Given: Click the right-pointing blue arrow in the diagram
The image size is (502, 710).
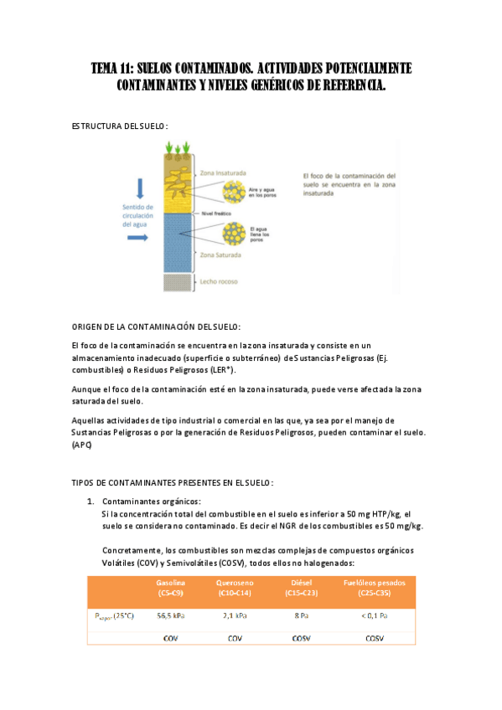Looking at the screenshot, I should pos(138,238).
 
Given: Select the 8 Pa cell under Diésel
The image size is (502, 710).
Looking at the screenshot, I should pos(301,615).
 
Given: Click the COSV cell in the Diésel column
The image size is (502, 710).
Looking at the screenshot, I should pos(301,638).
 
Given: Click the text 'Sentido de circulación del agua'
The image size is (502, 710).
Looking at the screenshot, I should pos(137,215).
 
